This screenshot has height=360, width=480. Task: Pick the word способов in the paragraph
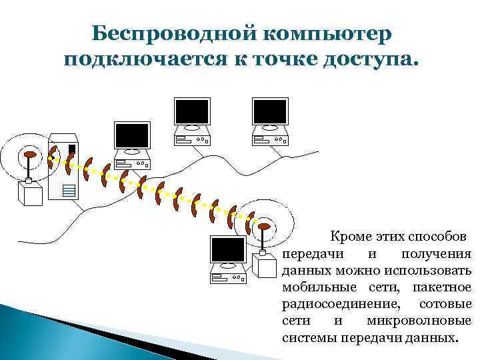(438, 237)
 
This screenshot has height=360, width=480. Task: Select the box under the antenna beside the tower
(30, 193)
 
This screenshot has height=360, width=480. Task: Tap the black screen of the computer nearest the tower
(131, 136)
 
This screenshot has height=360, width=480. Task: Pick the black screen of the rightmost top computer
(271, 111)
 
